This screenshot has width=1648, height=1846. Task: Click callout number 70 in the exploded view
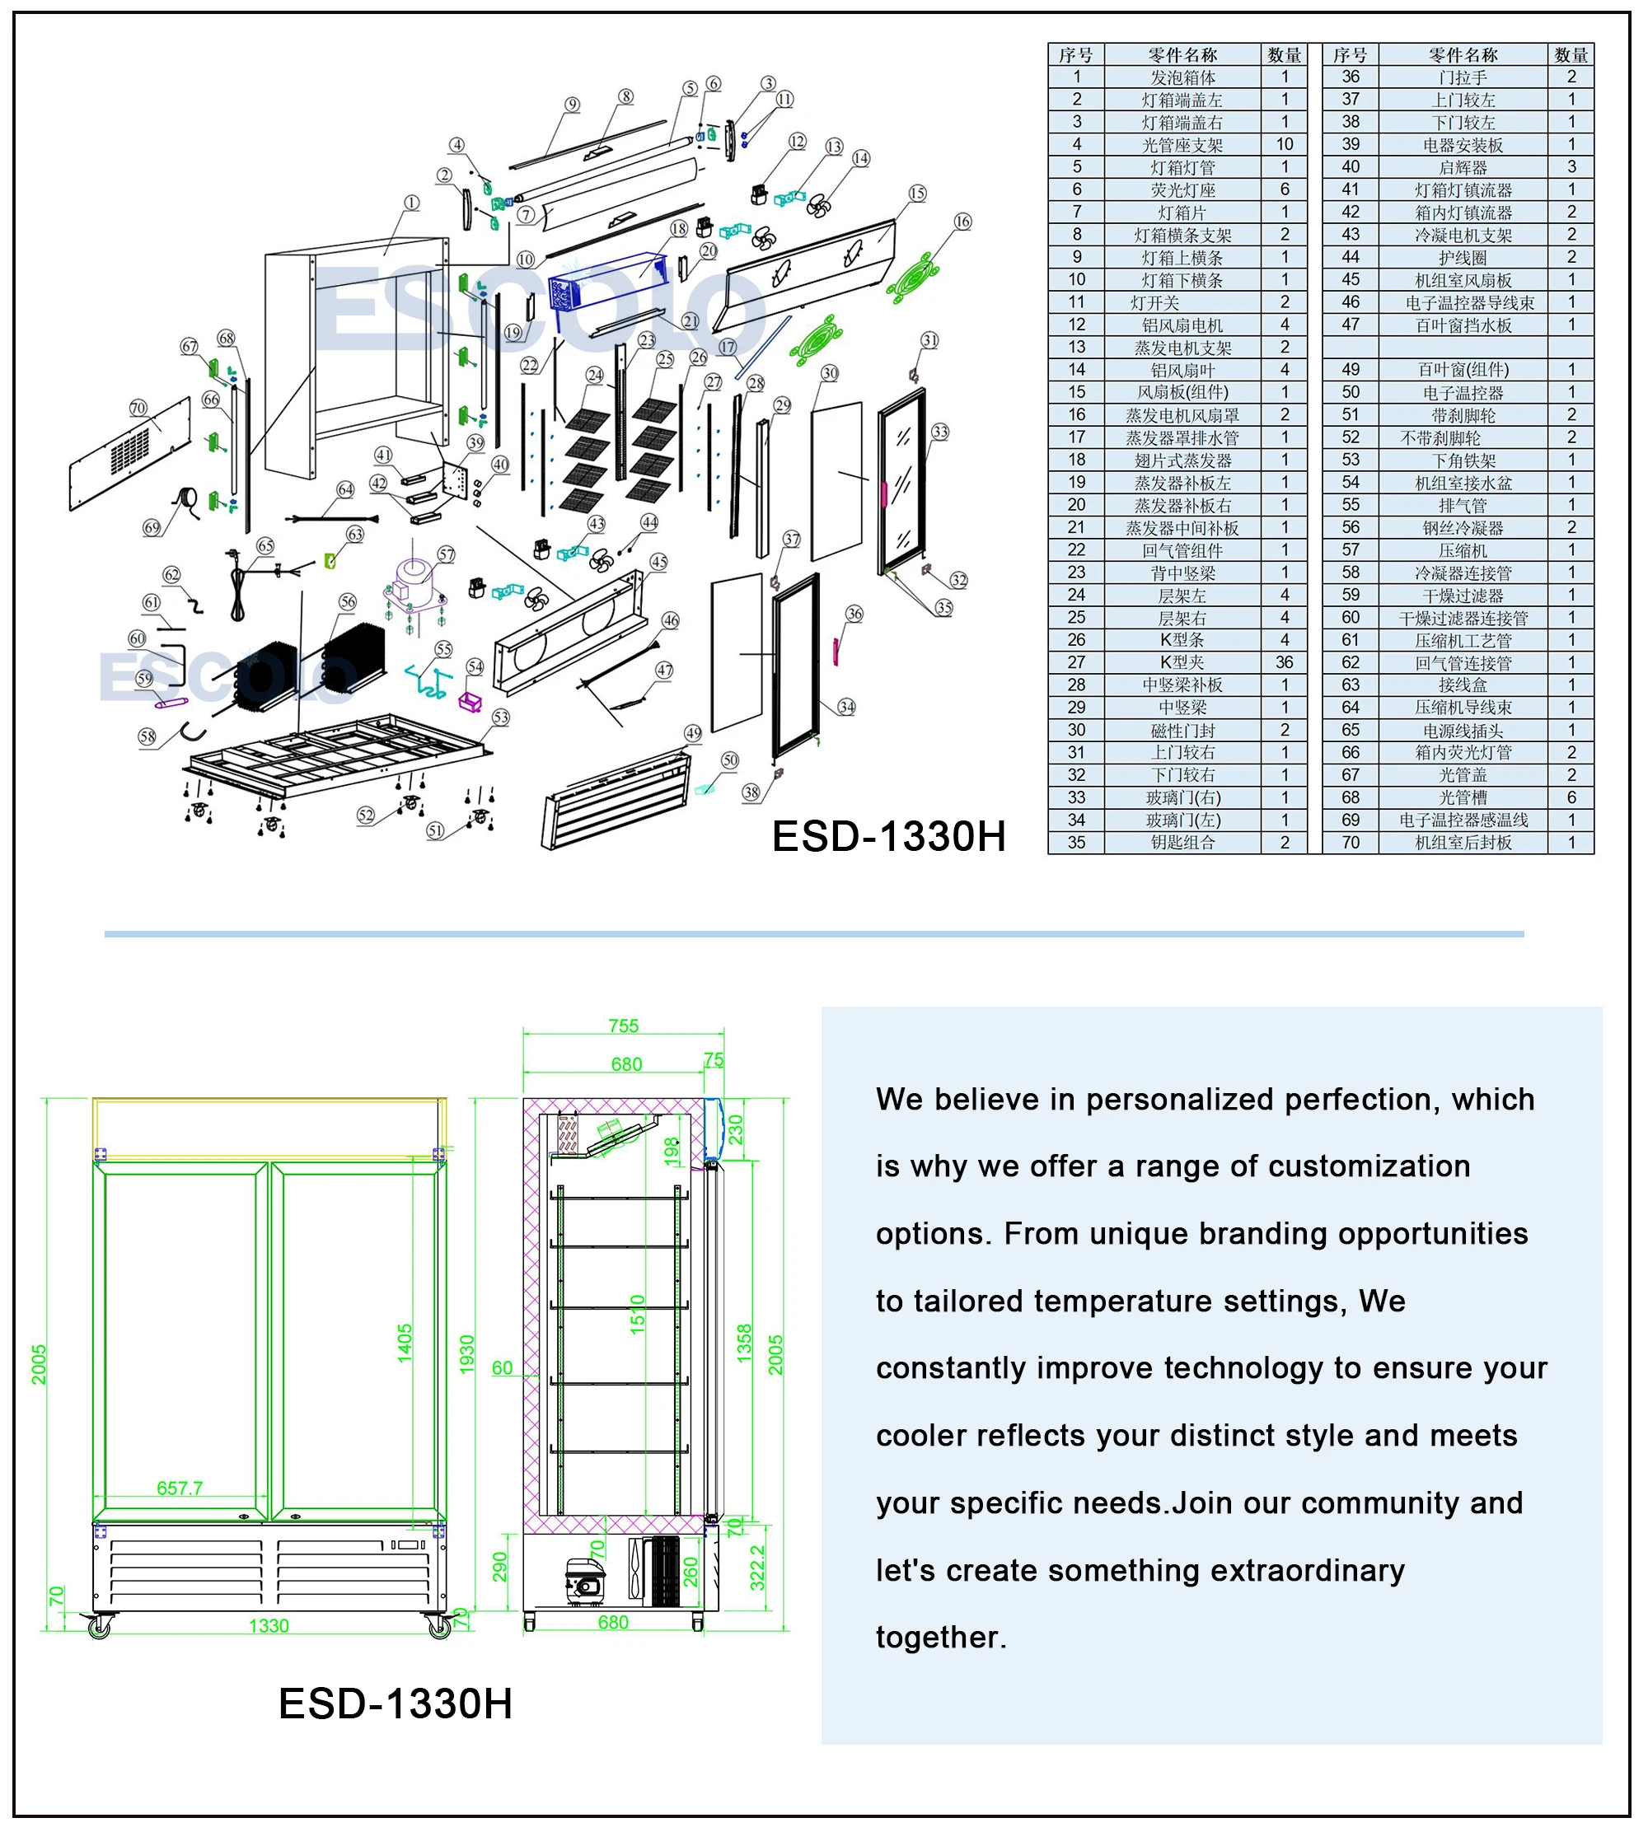point(138,408)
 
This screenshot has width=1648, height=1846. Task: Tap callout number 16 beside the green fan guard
point(962,222)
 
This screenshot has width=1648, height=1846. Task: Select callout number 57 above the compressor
point(446,555)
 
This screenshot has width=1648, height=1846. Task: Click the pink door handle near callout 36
point(836,650)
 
